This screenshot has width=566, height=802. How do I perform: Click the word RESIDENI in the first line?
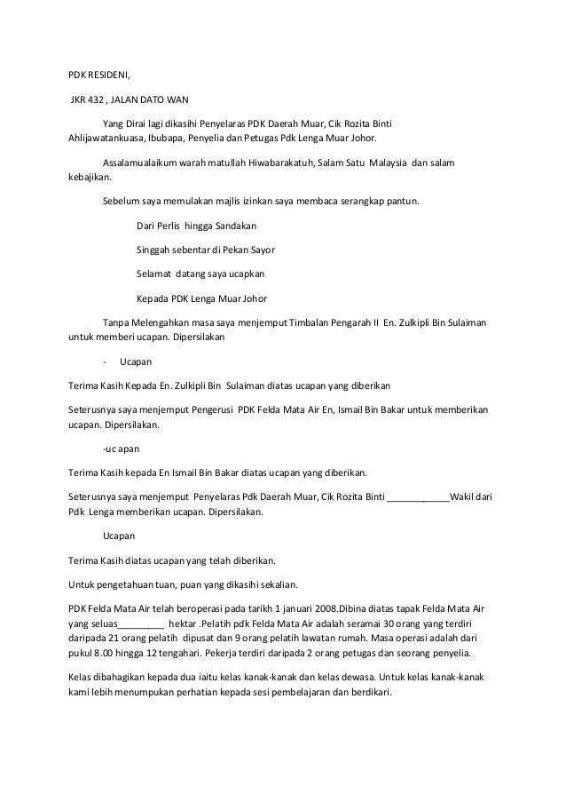pyautogui.click(x=108, y=74)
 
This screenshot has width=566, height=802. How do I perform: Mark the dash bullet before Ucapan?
pyautogui.click(x=106, y=362)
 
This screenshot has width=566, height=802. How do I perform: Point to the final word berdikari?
pyautogui.click(x=378, y=693)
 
